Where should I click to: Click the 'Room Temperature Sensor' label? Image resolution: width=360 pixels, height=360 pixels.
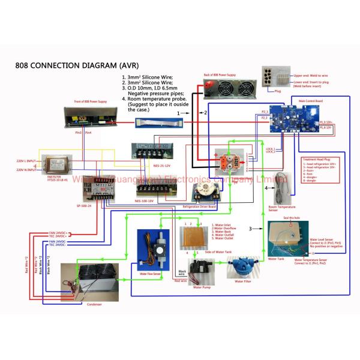(x=280, y=209)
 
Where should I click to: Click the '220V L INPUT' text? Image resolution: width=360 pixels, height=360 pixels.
(x=26, y=161)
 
